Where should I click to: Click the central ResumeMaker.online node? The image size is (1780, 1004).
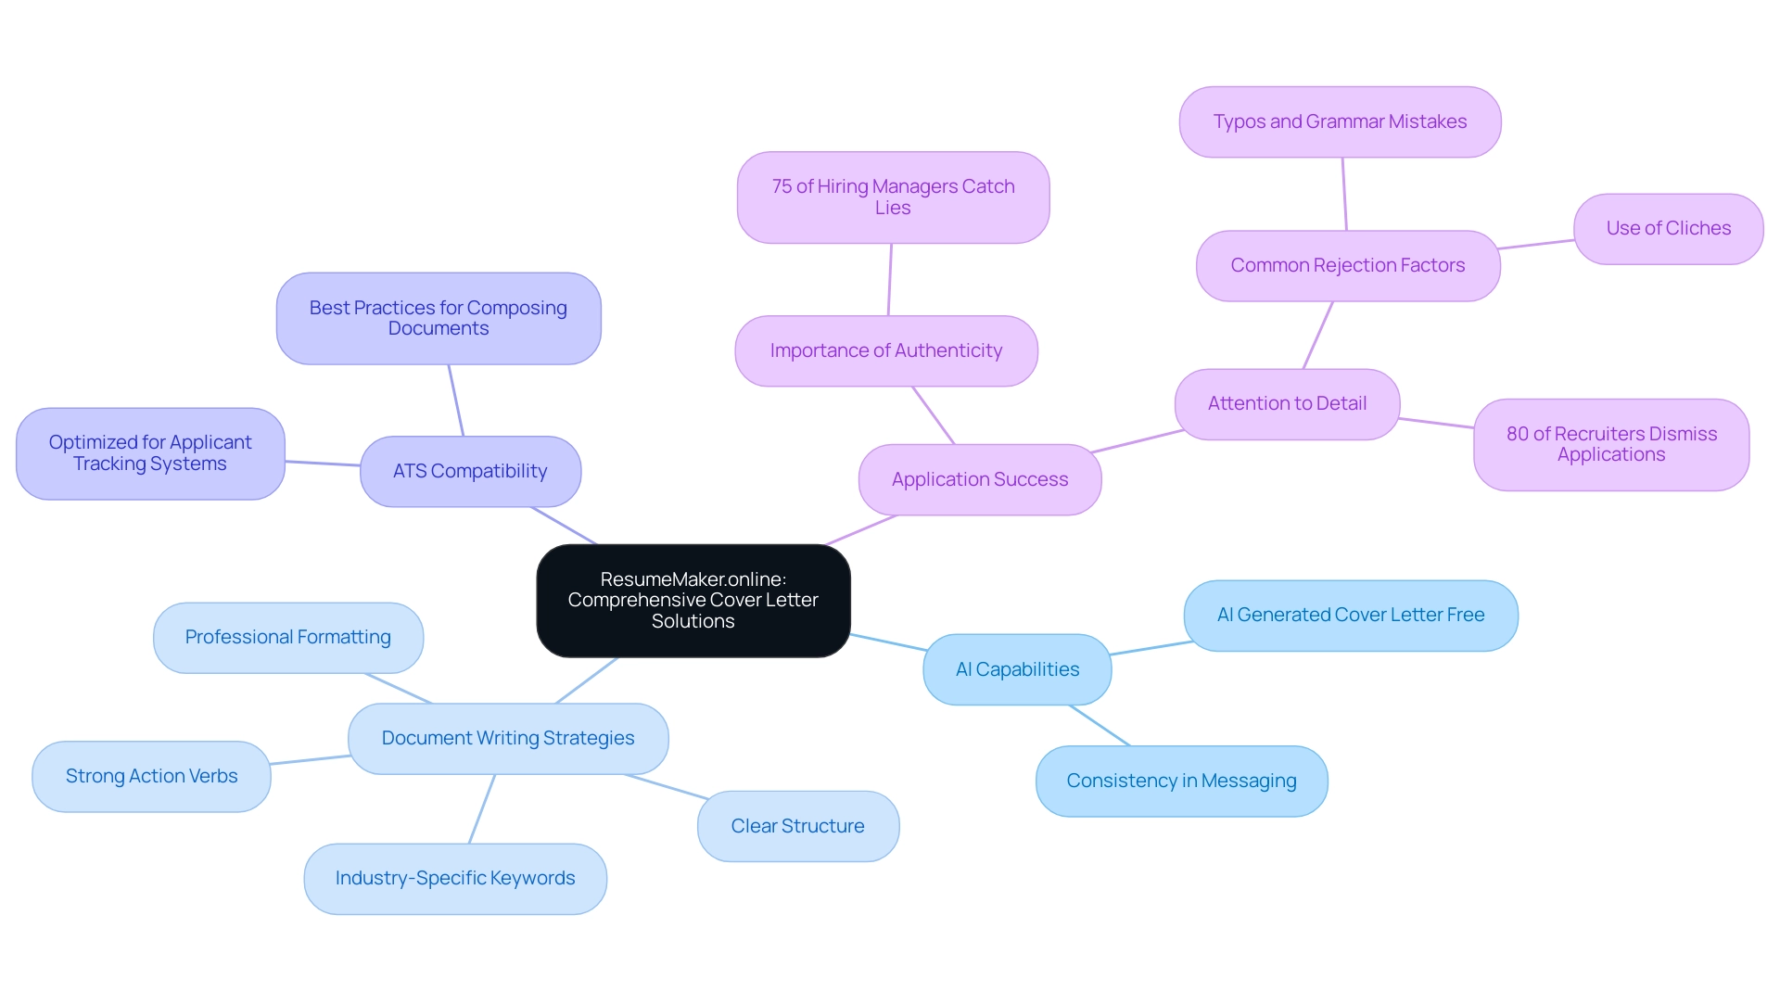coord(693,600)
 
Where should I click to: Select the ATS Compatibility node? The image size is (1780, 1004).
coord(470,471)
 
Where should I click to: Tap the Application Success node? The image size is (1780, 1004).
coord(979,479)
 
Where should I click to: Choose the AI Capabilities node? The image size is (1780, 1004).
coord(1017,669)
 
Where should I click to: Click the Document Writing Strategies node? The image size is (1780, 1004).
coord(507,738)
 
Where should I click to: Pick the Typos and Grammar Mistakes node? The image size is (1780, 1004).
coord(1340,121)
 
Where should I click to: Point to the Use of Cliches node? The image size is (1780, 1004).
coord(1668,228)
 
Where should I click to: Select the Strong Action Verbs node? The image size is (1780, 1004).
coord(151,776)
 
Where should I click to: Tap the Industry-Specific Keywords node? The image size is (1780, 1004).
coord(455,878)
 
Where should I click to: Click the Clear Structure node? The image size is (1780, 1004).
coord(797,826)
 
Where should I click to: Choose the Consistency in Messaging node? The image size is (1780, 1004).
coord(1181,781)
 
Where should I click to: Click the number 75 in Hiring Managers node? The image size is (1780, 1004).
coord(782,186)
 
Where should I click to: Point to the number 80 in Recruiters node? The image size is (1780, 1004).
coord(1517,434)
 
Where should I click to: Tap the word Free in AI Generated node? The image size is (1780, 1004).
coord(1465,615)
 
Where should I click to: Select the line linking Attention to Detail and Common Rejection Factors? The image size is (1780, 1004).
coord(1317,336)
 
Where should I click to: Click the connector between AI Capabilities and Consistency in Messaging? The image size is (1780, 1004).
coord(1100,725)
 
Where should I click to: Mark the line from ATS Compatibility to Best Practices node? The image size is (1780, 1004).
coord(455,400)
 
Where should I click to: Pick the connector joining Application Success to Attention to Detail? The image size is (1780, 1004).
coord(1138,441)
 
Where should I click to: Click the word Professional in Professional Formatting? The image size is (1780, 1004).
coord(238,637)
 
